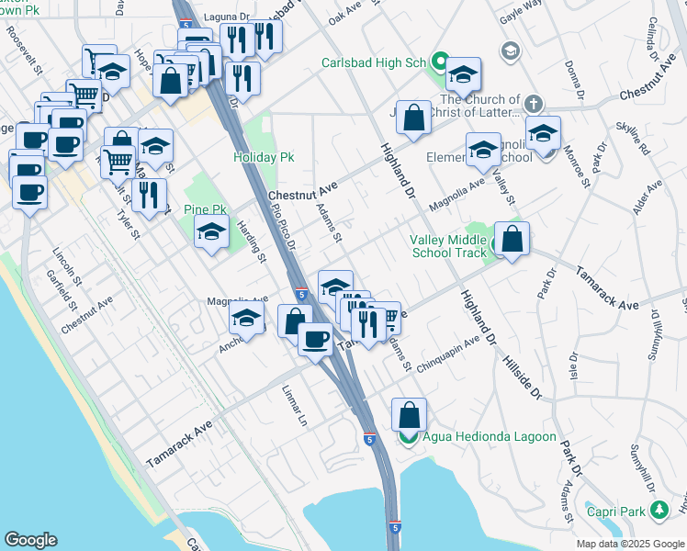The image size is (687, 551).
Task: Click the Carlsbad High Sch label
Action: [375, 63]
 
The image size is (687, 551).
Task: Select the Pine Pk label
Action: [205, 210]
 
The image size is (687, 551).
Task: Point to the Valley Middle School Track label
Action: [447, 246]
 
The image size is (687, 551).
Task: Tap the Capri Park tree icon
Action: [658, 508]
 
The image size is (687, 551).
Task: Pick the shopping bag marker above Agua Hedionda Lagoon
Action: [409, 414]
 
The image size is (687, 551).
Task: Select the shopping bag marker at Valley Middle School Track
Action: [512, 239]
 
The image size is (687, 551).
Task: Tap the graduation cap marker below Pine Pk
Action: [211, 233]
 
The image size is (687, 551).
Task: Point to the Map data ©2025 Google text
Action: [630, 544]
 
